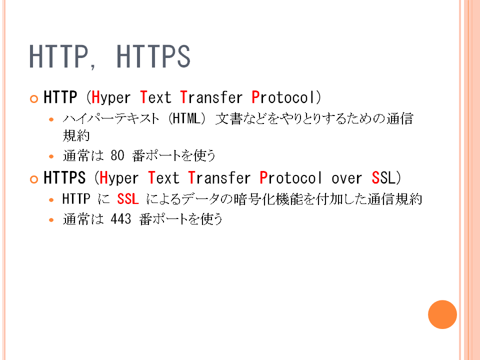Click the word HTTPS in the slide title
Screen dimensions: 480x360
pos(153,56)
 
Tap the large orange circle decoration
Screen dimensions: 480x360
pos(442,314)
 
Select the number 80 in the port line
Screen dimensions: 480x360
pos(117,155)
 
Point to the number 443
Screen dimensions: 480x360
pos(121,219)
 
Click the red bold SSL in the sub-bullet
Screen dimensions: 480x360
pos(128,199)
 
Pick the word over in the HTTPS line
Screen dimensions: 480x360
pos(346,178)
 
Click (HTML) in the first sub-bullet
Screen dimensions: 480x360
pos(187,118)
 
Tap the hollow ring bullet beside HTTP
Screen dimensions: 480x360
pos(34,99)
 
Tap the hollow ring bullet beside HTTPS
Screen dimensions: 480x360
pos(34,179)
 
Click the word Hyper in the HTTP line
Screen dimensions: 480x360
pos(111,98)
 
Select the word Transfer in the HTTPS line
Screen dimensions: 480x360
pos(219,178)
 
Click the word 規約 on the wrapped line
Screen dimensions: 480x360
pos(76,135)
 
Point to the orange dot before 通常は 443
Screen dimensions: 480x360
pos(51,220)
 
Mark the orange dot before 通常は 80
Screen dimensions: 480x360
pos(51,156)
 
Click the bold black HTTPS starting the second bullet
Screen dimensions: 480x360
pos(64,178)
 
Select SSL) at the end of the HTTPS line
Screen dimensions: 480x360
pos(386,178)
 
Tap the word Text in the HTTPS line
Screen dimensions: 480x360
pos(163,178)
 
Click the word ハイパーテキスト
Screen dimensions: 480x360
pos(111,118)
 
